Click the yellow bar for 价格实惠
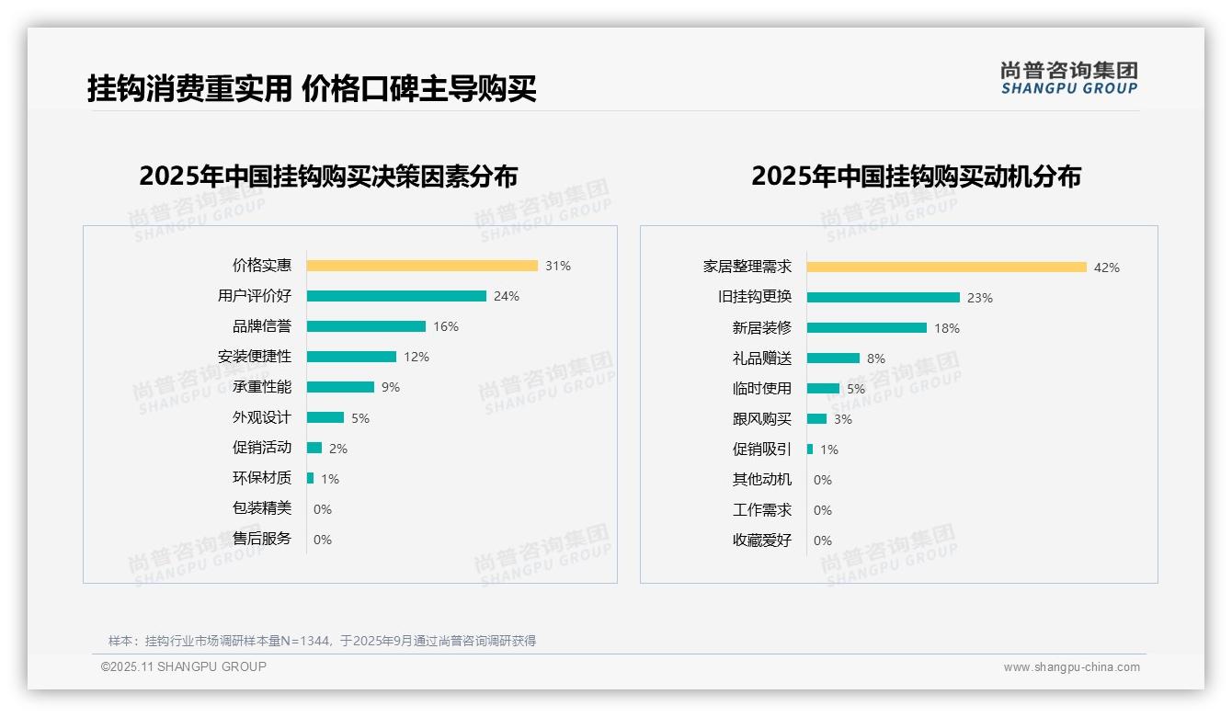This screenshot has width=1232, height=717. click(x=422, y=266)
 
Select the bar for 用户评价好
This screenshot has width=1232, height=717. click(x=396, y=296)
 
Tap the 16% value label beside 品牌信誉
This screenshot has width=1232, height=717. click(x=446, y=326)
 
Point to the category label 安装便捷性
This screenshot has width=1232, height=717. click(x=255, y=357)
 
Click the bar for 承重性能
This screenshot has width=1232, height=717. click(x=340, y=387)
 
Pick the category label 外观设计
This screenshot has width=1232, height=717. click(x=262, y=417)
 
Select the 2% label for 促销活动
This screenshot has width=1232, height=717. click(x=338, y=449)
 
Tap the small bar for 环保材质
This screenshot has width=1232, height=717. click(x=311, y=478)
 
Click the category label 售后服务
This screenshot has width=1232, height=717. click(x=262, y=539)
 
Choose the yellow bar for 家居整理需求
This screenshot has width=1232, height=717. click(x=947, y=267)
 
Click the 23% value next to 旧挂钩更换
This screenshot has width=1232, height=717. click(x=980, y=298)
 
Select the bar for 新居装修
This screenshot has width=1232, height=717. click(x=867, y=328)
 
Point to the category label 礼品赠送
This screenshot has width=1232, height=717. click(x=762, y=358)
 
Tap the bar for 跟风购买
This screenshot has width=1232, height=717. click(x=816, y=419)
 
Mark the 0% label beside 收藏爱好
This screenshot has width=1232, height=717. click(x=823, y=541)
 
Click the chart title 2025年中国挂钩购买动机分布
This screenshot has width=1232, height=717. click(x=916, y=176)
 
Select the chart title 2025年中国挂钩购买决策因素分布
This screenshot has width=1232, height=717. click(x=328, y=176)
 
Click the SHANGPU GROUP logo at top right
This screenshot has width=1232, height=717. click(x=1069, y=78)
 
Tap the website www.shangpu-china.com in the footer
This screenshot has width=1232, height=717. click(x=1071, y=667)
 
